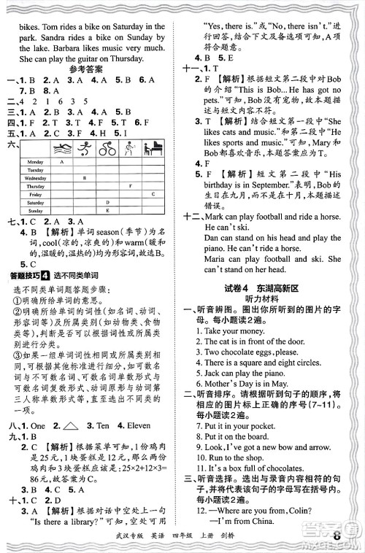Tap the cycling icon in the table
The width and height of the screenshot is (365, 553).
click(x=108, y=149)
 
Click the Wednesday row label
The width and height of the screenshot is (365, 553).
click(x=35, y=177)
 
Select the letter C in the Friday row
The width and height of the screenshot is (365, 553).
click(x=153, y=194)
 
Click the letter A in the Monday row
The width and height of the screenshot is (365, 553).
click(x=63, y=161)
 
